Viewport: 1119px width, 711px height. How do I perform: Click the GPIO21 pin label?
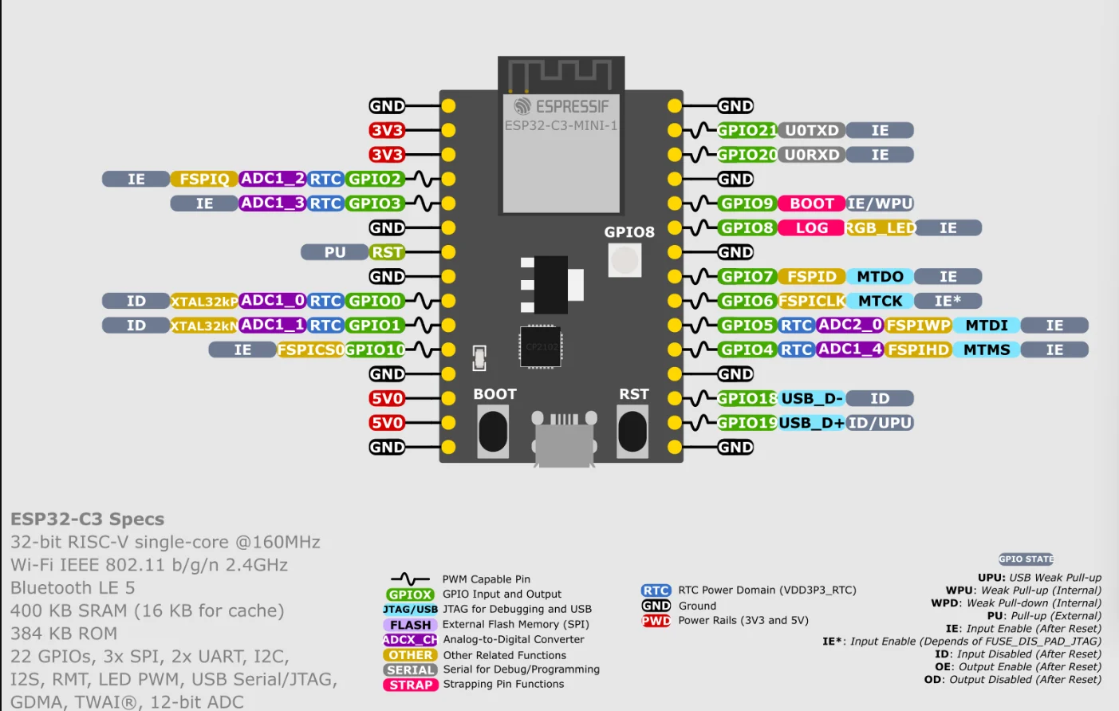click(747, 130)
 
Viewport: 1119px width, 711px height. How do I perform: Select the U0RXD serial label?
click(812, 155)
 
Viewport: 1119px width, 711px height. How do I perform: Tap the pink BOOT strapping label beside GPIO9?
click(812, 203)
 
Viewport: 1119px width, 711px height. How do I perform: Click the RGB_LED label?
click(881, 228)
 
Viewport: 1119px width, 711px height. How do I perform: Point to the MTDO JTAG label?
click(880, 277)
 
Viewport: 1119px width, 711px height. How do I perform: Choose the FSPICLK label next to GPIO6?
click(812, 301)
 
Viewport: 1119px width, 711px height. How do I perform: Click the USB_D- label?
click(812, 398)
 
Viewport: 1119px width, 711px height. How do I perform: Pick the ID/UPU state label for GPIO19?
click(880, 423)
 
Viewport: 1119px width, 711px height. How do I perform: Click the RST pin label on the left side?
click(387, 252)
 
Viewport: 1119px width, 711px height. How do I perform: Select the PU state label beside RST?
click(334, 252)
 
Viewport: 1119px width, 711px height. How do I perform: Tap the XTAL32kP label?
click(204, 302)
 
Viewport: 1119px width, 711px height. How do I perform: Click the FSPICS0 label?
click(310, 350)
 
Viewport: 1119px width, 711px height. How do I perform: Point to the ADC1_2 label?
click(272, 179)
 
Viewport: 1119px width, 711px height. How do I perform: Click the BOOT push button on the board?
click(493, 431)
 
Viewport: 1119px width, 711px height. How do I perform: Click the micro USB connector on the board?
click(564, 439)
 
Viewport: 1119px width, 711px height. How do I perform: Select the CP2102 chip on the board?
click(541, 346)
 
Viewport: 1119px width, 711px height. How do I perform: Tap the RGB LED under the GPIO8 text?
click(625, 260)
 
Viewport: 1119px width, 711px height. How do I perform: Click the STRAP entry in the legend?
click(411, 685)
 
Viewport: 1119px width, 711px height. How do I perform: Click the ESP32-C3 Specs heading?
click(87, 519)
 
